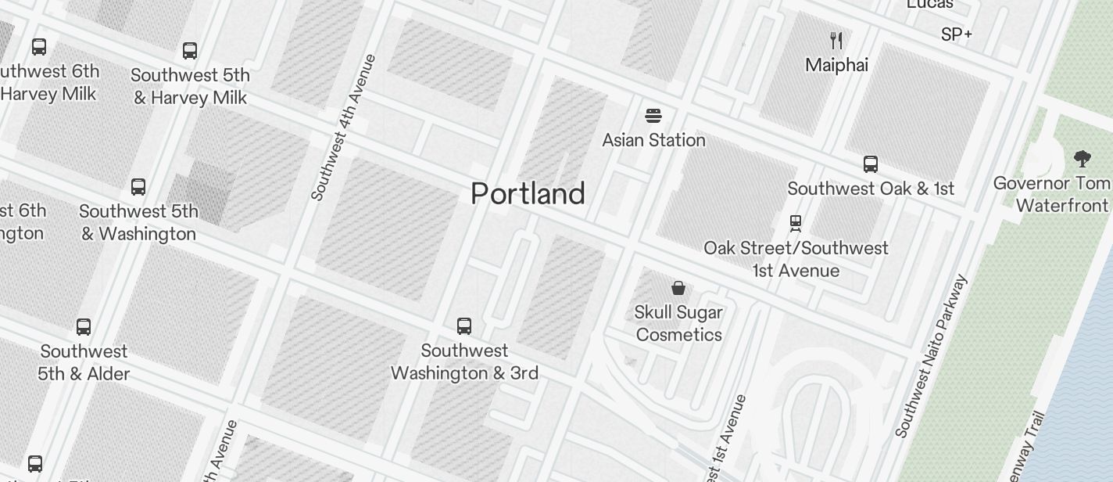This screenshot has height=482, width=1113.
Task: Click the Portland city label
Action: point(528,193)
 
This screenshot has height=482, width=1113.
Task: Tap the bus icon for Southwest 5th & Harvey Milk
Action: point(190,52)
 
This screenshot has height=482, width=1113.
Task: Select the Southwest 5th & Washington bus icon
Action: point(138,187)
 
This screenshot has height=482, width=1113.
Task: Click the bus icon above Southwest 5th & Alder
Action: point(84,327)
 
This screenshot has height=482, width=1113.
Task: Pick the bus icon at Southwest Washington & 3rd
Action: point(464,326)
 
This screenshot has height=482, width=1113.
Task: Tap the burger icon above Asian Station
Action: point(653,117)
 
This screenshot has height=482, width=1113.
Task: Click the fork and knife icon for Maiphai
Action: point(836,40)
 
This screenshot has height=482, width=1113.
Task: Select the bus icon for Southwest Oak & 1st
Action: point(871,164)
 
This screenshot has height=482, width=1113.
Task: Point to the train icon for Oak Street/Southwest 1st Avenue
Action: point(796,224)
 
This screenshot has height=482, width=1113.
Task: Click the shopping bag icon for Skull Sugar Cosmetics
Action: point(678,288)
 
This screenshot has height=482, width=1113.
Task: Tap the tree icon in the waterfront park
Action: point(1082,160)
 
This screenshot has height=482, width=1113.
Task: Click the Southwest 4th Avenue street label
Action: point(344,128)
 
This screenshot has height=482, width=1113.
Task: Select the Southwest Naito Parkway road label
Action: point(932,356)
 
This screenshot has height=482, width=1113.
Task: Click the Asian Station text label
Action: point(653,141)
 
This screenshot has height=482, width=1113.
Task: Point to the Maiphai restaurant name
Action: point(836,65)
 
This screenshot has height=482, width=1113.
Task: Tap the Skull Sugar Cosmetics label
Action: point(678,323)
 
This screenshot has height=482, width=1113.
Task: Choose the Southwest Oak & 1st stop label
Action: point(871,189)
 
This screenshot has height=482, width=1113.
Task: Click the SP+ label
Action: point(957,34)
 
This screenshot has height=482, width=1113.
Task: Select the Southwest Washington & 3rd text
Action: point(464,361)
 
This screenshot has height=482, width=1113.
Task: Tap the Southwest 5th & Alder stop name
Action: point(84,362)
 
